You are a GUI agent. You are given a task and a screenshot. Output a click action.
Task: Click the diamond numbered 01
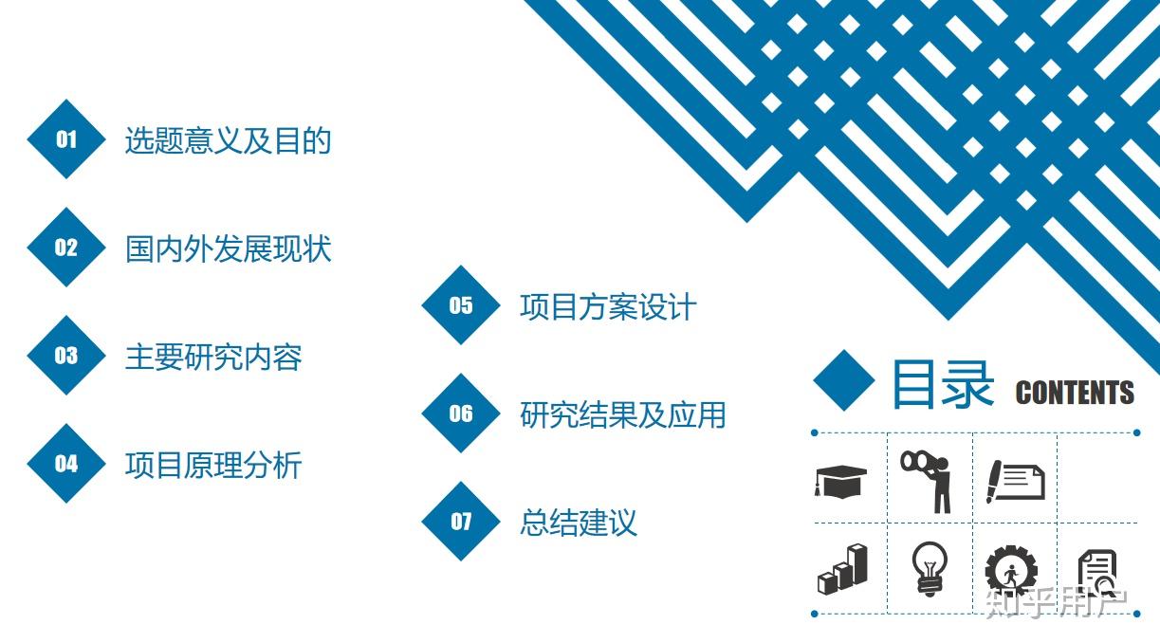point(66,138)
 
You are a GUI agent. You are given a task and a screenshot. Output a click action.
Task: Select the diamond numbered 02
point(66,247)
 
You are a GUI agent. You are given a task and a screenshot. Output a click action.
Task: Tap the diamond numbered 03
point(66,355)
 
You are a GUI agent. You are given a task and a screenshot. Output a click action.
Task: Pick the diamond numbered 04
point(66,464)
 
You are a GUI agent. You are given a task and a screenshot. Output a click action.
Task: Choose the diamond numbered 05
point(461,305)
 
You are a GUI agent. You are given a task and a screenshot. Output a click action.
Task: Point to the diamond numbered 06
point(461,413)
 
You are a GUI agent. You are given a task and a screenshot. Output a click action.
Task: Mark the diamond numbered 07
point(461,522)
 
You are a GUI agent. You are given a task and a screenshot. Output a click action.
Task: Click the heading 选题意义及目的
point(228,140)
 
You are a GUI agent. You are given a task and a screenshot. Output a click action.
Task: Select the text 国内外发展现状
point(228,249)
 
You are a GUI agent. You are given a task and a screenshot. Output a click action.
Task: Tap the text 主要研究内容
point(213,358)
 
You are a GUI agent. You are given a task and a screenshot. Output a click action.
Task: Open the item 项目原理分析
point(213,466)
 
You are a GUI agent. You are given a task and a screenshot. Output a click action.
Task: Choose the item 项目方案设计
point(608,307)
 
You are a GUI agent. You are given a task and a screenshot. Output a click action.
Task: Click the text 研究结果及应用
point(623,415)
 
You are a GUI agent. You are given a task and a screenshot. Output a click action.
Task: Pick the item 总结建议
point(579,523)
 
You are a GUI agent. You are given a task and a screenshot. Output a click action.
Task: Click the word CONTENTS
point(1075,393)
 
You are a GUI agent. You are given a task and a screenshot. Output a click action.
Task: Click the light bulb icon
point(930,569)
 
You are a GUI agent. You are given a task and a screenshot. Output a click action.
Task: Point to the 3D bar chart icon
point(842,568)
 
